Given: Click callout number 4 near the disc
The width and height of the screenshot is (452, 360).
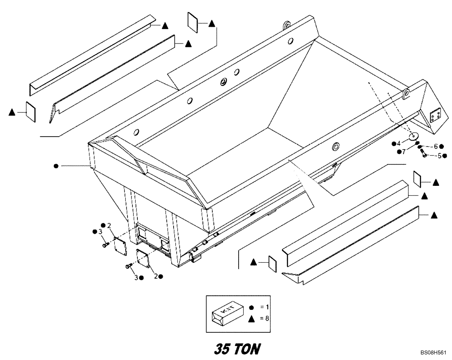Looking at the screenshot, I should (x=399, y=144).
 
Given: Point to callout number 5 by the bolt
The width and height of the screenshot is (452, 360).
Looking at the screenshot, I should (x=438, y=156).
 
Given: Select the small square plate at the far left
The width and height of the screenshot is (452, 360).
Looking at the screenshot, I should (x=30, y=111).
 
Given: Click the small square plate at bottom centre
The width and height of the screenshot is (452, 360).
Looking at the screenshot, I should (x=273, y=263).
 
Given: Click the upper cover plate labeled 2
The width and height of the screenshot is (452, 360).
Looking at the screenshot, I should (x=120, y=247).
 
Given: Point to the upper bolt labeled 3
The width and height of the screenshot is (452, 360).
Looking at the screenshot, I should (x=105, y=245).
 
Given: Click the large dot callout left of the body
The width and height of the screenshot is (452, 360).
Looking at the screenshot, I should (x=56, y=166).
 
